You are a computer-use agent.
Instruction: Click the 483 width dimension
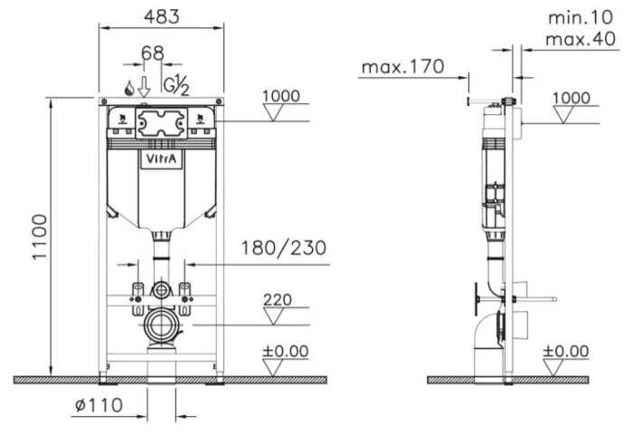(162, 16)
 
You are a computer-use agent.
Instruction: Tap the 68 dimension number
(153, 53)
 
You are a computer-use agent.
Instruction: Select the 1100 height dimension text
(40, 237)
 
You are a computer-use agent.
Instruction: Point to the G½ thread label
(176, 85)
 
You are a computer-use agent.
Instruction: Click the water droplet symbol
(129, 88)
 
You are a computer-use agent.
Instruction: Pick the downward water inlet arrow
(144, 86)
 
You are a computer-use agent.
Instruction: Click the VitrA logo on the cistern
(161, 159)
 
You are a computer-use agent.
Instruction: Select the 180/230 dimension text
(283, 248)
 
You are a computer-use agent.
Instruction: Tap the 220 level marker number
(278, 300)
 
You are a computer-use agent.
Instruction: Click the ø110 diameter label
(99, 404)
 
